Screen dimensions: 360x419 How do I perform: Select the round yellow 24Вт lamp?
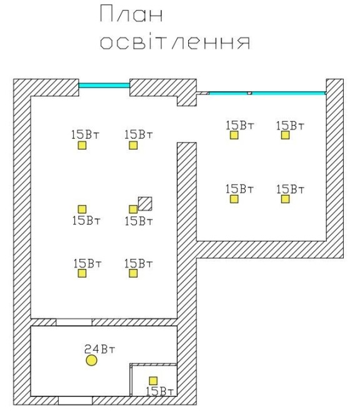pos(91,360)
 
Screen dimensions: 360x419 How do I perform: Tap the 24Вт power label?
pos(99,349)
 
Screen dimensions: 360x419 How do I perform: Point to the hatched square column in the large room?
pos(145,204)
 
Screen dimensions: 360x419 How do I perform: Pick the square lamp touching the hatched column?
pos(133,209)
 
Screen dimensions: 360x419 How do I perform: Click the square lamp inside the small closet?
pos(153,381)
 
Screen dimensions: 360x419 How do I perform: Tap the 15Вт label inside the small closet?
pos(160,391)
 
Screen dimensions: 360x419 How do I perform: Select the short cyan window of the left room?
pos(104,86)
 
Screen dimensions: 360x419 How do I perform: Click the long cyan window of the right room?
pos(267,93)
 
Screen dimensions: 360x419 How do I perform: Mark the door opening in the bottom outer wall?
pos(75,400)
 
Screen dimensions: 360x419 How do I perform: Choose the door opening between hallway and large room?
pos(74,322)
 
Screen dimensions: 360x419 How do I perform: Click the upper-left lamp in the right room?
pos(234,135)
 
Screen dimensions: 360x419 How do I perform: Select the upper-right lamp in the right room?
pos(285,135)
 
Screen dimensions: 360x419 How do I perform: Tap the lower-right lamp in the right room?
pos(285,199)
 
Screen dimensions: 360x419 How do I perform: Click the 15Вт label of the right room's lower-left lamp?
pos(239,189)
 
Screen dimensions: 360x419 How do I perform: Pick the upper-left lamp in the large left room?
pos(82,145)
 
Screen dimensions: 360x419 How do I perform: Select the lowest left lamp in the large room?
pos(82,273)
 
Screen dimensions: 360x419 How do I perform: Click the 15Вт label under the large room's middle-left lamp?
pos(86,221)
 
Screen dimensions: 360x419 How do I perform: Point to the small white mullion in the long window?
pos(249,93)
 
